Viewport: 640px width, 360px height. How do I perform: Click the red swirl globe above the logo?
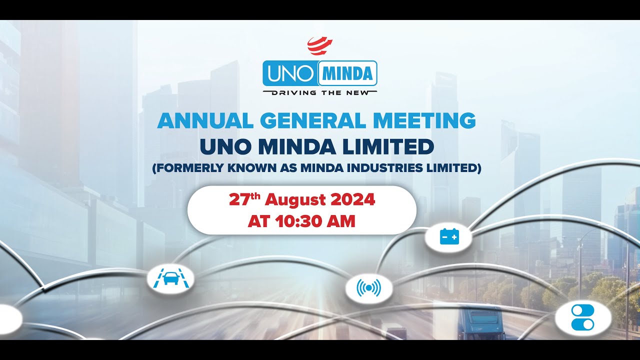pos(320,46)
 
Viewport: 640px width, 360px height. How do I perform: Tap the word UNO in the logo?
pos(289,74)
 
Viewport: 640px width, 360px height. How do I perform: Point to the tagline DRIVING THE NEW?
pos(320,92)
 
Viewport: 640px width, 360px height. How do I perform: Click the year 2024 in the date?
pos(352,200)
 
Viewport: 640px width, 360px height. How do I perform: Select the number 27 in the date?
pos(239,200)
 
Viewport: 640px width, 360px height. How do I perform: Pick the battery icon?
pos(449,236)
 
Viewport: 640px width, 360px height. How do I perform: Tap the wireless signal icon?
pos(368,288)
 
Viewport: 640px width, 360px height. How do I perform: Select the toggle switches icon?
pos(582,317)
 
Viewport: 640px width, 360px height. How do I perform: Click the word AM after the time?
pos(342,221)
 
